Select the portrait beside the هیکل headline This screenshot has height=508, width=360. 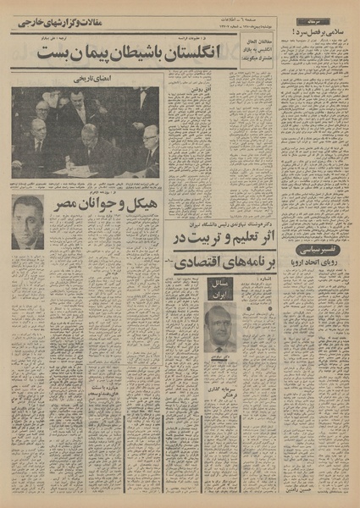click(27, 222)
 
